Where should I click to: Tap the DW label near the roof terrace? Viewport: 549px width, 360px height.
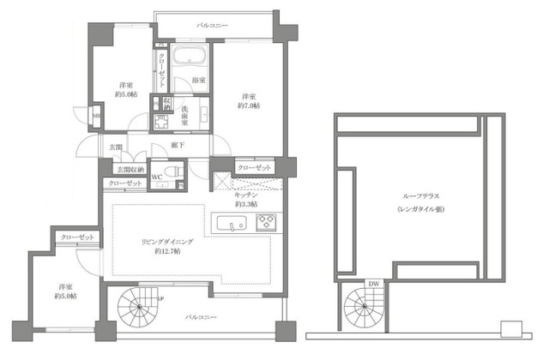[x=374, y=284]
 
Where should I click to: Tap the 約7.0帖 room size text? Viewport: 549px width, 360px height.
[x=248, y=105]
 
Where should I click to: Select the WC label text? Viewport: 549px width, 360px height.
[x=157, y=178]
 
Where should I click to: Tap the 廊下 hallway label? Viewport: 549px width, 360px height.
[x=177, y=147]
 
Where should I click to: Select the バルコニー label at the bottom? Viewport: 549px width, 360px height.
[x=200, y=317]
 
